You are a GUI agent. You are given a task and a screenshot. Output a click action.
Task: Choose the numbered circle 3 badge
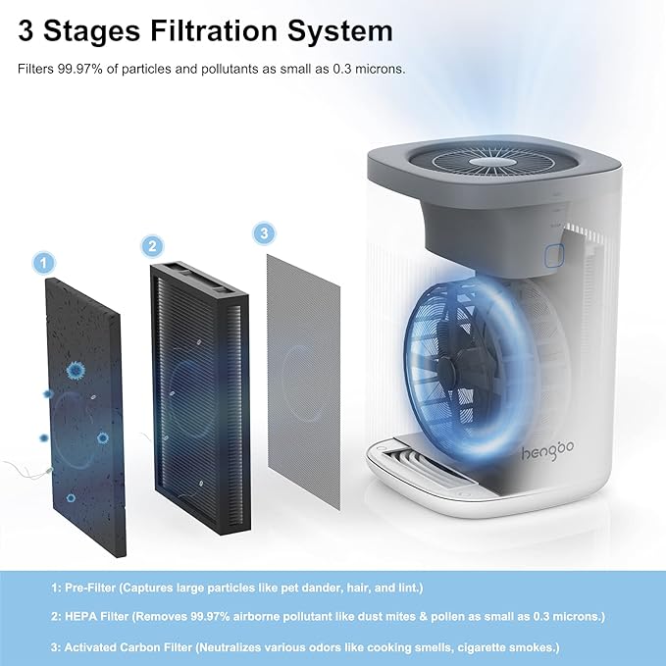[x=262, y=233]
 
